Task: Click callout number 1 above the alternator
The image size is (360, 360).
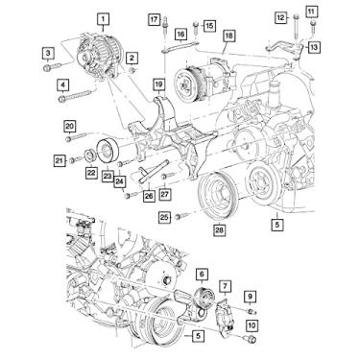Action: [x=103, y=17]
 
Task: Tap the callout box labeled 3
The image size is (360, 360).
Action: [x=46, y=51]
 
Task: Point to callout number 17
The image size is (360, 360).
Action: [x=154, y=19]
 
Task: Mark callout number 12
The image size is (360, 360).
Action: [x=280, y=17]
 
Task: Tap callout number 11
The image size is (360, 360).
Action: [x=310, y=11]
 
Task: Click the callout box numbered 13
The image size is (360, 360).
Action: [x=315, y=45]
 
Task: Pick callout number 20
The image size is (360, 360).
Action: [x=69, y=126]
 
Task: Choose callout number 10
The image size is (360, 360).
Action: [x=252, y=326]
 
